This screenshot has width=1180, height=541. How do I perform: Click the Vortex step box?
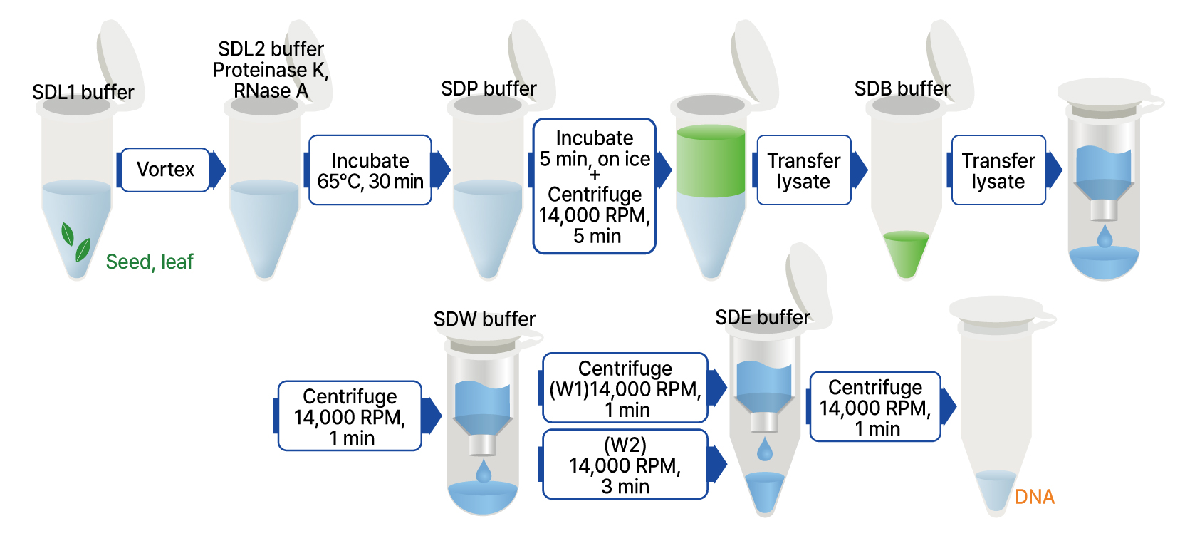(165, 170)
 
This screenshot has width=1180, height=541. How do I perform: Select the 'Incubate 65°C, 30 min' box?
(370, 170)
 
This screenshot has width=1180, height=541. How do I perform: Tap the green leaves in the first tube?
(75, 242)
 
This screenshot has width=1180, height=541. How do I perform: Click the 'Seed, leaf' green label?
(150, 262)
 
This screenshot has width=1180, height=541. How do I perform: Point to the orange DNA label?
(1034, 497)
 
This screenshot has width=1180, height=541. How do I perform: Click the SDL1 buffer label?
(83, 92)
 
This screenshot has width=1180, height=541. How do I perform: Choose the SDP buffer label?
(489, 88)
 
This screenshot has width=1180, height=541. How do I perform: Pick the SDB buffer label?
(902, 88)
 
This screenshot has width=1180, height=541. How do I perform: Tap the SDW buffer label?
(484, 319)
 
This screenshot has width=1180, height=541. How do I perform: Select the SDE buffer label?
(763, 317)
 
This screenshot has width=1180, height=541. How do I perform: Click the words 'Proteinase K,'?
(271, 70)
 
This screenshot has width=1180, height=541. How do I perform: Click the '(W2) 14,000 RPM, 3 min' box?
(625, 465)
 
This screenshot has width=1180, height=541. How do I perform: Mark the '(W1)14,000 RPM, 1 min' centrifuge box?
(625, 388)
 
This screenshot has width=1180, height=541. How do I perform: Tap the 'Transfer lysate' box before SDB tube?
(803, 170)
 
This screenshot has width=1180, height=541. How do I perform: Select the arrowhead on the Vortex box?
(219, 170)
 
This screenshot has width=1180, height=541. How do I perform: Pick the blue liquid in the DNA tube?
(996, 488)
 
